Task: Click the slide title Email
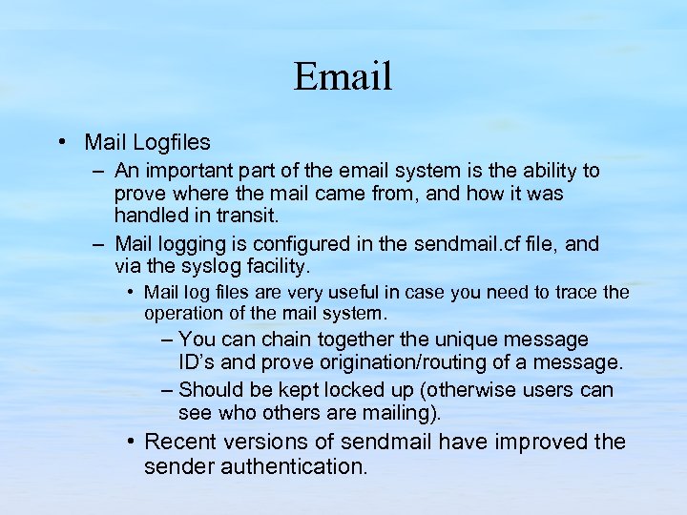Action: click(x=343, y=76)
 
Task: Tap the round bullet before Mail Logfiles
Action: click(x=61, y=142)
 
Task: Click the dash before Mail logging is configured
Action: click(x=99, y=244)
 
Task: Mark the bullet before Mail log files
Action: click(x=131, y=292)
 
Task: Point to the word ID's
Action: click(x=201, y=362)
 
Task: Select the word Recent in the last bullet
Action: click(x=179, y=442)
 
